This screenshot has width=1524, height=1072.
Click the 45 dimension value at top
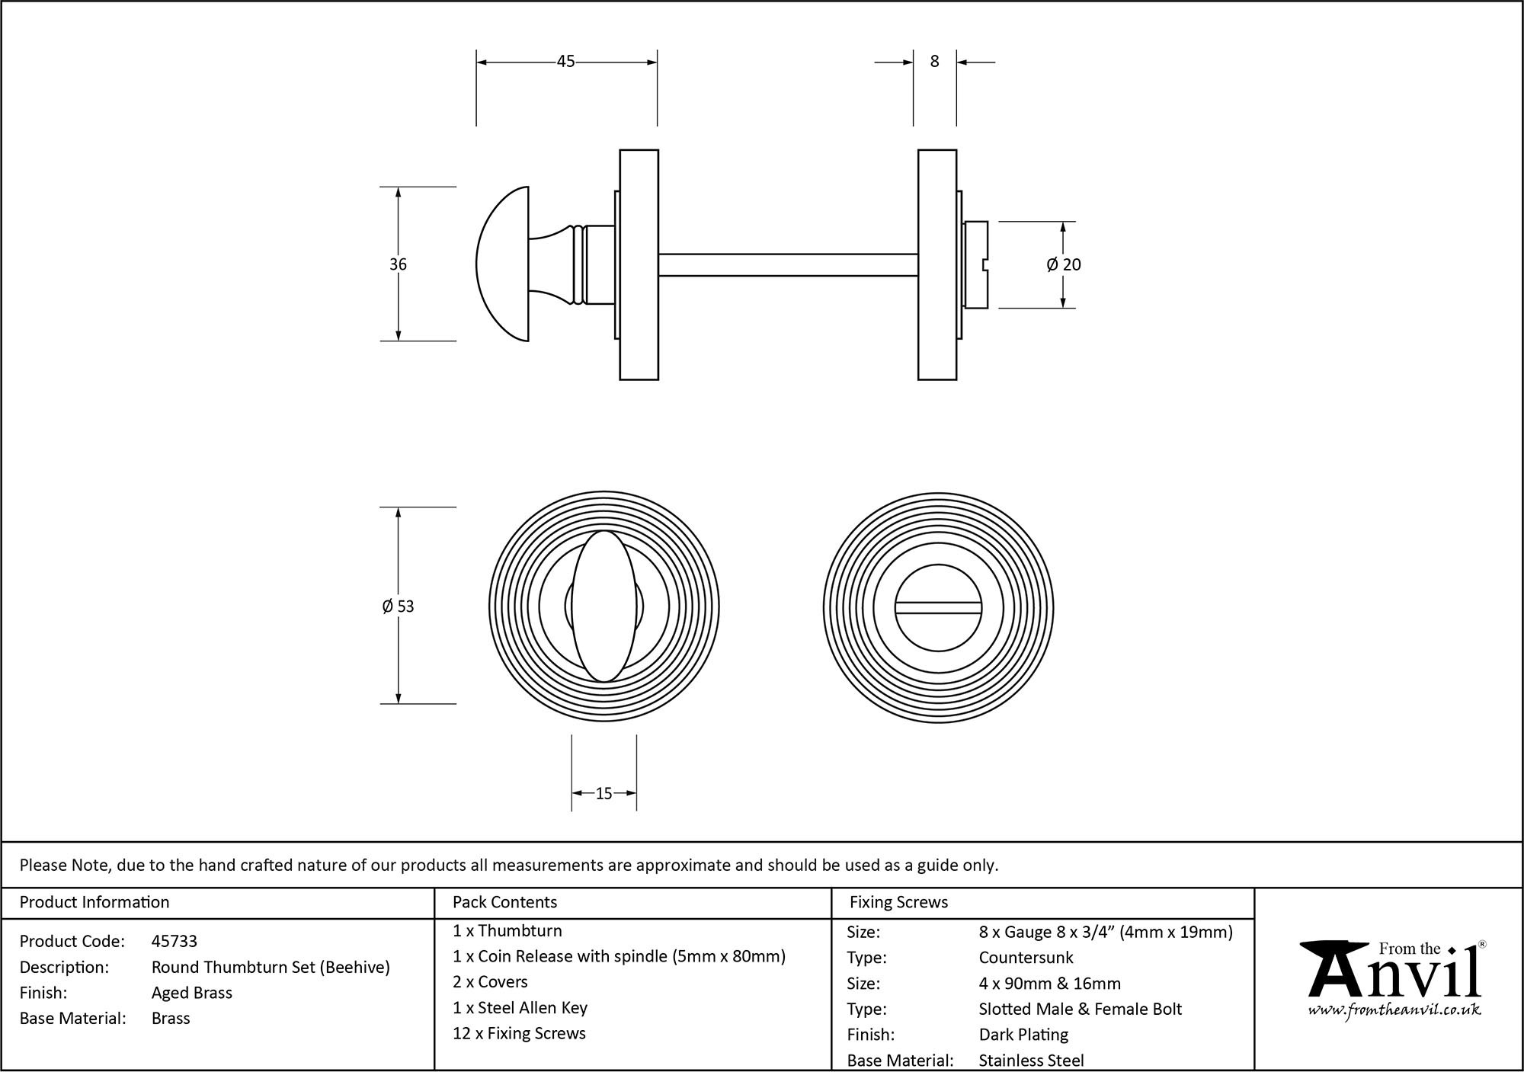click(x=565, y=62)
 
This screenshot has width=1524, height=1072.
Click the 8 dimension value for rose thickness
click(x=934, y=62)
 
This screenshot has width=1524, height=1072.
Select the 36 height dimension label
click(x=398, y=264)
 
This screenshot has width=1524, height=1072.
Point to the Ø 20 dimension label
click(x=1064, y=264)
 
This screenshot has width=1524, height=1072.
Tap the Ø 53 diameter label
click(x=398, y=606)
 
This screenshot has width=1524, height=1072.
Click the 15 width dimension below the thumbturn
click(x=604, y=794)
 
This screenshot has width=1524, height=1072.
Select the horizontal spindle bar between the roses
click(x=787, y=264)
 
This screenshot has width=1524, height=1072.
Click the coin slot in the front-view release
click(x=938, y=607)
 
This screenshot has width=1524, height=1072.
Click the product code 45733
click(x=174, y=941)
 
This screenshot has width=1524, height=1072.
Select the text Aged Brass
click(x=192, y=993)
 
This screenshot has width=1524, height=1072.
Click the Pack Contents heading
click(x=504, y=902)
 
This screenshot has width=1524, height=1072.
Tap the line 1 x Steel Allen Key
click(x=520, y=1008)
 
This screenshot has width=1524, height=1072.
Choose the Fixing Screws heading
click(x=898, y=902)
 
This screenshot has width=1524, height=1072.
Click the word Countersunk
click(x=1026, y=958)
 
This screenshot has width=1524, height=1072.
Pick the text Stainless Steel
click(x=1031, y=1060)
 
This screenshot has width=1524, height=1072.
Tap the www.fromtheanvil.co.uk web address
click(x=1394, y=1010)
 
